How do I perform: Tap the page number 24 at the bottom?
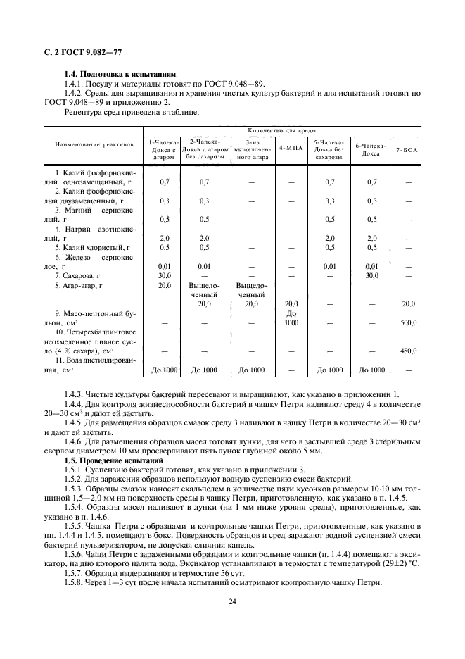[231, 601]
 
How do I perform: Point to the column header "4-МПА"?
[291, 149]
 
